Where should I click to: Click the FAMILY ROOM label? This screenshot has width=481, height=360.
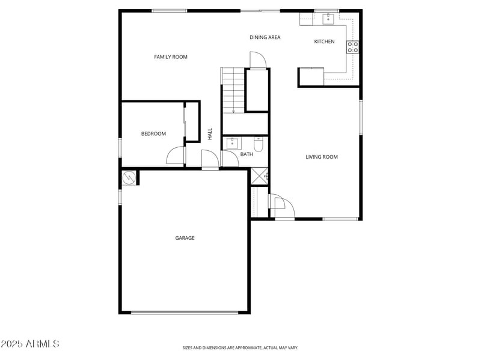pyautogui.click(x=171, y=57)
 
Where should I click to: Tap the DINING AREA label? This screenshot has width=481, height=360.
pyautogui.click(x=265, y=37)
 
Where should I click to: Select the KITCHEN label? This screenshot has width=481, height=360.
pyautogui.click(x=324, y=41)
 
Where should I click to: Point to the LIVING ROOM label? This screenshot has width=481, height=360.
pyautogui.click(x=322, y=157)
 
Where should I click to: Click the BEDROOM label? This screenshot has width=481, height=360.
pyautogui.click(x=153, y=133)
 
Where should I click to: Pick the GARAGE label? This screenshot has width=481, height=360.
pyautogui.click(x=185, y=238)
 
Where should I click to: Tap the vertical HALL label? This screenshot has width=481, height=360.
pyautogui.click(x=210, y=134)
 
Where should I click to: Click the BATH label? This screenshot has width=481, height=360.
pyautogui.click(x=247, y=154)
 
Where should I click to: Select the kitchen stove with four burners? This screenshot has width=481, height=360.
pyautogui.click(x=353, y=47)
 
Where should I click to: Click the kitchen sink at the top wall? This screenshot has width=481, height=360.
pyautogui.click(x=328, y=18)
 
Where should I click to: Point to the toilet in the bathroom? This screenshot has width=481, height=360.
pyautogui.click(x=258, y=145)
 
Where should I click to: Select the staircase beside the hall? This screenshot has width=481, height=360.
pyautogui.click(x=233, y=90)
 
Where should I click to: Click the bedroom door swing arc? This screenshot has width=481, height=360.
pyautogui.click(x=175, y=156)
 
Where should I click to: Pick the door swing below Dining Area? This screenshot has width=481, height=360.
pyautogui.click(x=257, y=60)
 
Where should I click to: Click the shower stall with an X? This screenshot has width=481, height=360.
pyautogui.click(x=260, y=176)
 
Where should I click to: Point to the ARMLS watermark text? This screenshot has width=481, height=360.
pyautogui.click(x=30, y=344)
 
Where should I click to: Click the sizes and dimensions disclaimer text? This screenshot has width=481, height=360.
pyautogui.click(x=240, y=347)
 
